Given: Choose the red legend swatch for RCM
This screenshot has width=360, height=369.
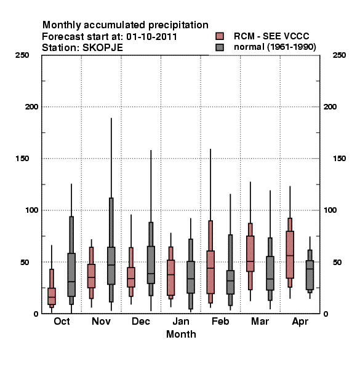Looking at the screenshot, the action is coord(220,36).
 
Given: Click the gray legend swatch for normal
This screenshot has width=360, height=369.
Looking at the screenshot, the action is coord(220,47).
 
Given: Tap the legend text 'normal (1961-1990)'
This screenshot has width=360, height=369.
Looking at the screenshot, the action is coord(274,47).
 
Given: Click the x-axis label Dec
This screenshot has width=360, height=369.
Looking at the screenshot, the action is coord(141,322).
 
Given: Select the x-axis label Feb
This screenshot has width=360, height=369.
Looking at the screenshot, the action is coord(220,322).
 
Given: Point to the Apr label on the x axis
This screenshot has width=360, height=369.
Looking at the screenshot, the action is coord(300,322).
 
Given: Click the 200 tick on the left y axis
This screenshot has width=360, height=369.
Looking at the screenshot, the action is coord(31,107).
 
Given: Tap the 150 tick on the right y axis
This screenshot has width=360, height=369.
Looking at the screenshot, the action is coord(339,159).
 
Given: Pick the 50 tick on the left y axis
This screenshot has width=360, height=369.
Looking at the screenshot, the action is coord(25,262).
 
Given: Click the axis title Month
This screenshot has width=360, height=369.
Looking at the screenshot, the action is coord(181,335).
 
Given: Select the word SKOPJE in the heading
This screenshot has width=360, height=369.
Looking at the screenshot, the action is coord(103,48).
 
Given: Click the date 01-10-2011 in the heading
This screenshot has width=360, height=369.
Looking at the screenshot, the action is coord(151,37).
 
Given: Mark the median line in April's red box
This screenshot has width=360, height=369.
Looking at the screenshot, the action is coord(290,255).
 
